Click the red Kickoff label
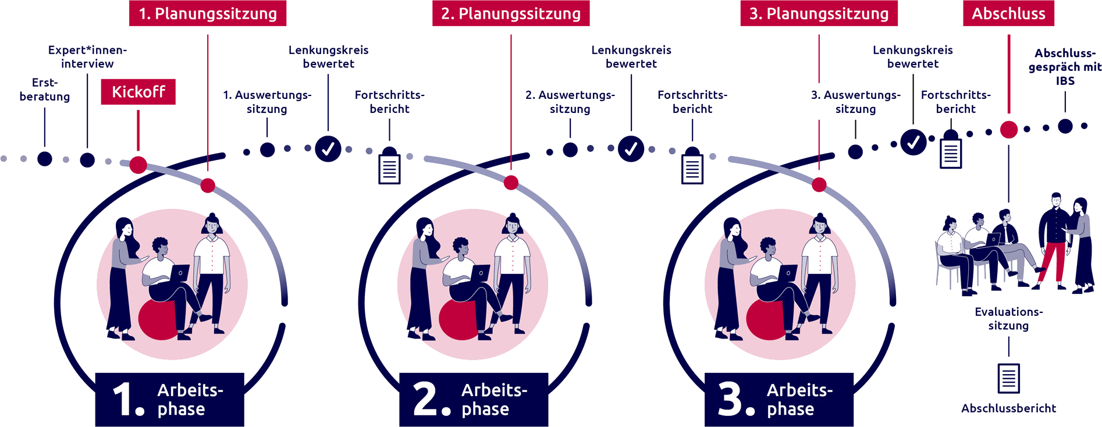(x=138, y=92)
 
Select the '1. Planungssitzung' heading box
(x=208, y=13)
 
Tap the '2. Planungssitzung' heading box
(x=511, y=13)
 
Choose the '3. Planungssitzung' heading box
(x=819, y=13)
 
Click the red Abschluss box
(x=1008, y=13)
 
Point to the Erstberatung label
(x=44, y=90)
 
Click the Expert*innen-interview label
(x=87, y=57)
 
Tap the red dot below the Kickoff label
(x=138, y=165)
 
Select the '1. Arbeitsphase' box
(x=169, y=399)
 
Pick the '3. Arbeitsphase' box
(x=779, y=399)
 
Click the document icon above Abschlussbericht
(x=1008, y=379)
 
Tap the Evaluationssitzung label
(x=1008, y=319)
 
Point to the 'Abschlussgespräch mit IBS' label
(x=1065, y=67)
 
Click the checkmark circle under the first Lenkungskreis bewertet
(x=328, y=149)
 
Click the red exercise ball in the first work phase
(x=158, y=319)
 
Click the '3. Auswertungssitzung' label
(x=855, y=102)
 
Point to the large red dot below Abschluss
(x=1009, y=130)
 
